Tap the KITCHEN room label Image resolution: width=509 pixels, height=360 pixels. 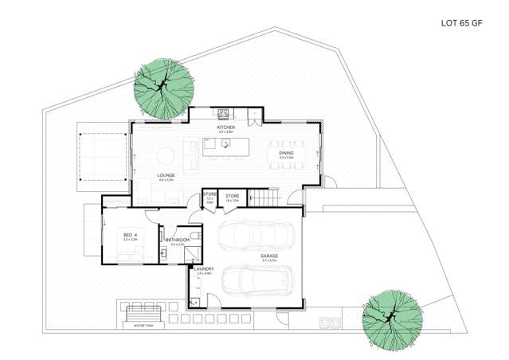[x=225, y=127]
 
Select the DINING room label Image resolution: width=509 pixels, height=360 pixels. [x=286, y=153]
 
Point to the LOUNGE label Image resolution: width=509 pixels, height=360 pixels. [x=166, y=175]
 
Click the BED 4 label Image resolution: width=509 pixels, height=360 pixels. [x=128, y=234]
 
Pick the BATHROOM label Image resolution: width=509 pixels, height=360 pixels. [x=177, y=240]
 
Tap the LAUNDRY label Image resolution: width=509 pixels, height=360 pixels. [x=204, y=269]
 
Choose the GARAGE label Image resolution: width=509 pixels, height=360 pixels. [x=269, y=256]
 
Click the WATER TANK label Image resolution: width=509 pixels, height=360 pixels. [x=144, y=325]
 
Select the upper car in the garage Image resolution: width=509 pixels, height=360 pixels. [x=256, y=237]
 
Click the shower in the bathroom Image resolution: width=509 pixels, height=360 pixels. [x=190, y=252]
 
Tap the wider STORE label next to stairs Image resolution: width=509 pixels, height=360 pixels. [x=233, y=196]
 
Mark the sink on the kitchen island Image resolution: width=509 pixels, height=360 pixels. [x=227, y=145]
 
